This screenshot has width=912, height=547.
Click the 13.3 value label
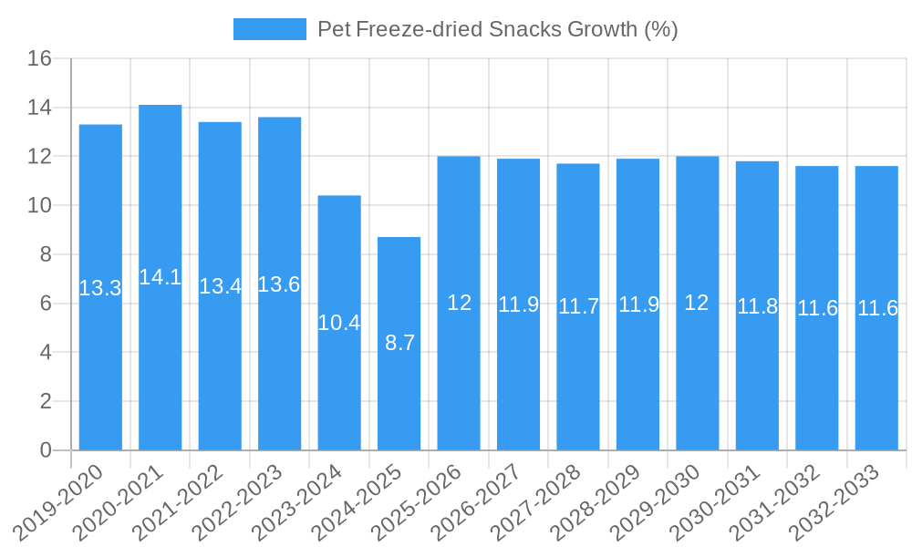click(100, 288)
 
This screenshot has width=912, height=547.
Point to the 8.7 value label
click(399, 343)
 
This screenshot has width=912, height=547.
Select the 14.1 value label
click(161, 277)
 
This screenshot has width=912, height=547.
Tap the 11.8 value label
click(757, 306)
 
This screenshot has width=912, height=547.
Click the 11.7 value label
click(578, 306)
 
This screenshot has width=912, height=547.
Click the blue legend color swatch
click(269, 29)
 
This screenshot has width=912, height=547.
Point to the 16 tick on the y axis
click(39, 59)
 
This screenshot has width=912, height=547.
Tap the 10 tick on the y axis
click(39, 206)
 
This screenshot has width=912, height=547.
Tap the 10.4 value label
click(339, 322)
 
